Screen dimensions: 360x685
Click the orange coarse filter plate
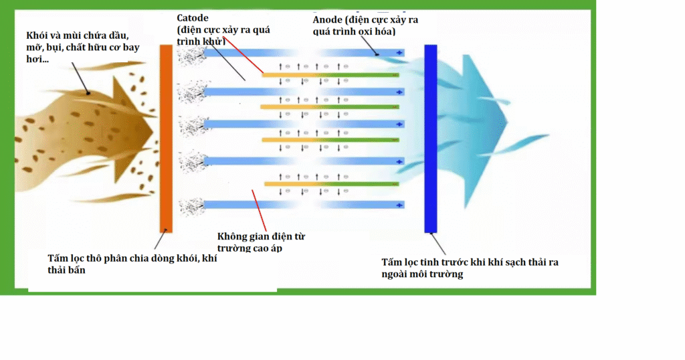coord(166,138)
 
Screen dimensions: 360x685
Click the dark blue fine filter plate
coord(430,138)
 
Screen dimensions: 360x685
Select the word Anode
coord(328,19)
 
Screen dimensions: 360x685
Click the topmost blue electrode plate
coord(301,52)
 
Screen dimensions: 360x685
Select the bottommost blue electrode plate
coord(301,204)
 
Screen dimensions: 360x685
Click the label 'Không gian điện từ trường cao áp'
coord(262,242)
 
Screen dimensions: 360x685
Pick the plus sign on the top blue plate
coord(400,52)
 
